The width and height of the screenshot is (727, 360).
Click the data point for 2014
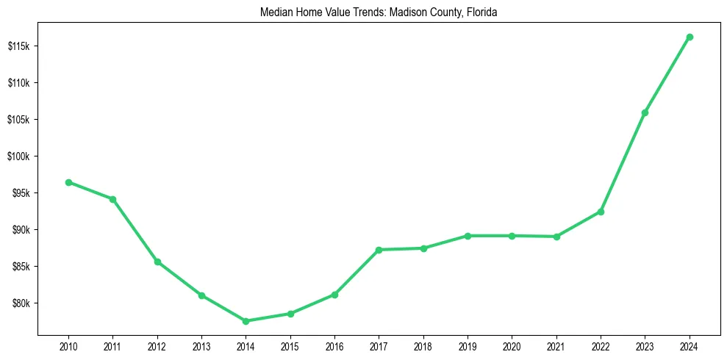pyautogui.click(x=246, y=321)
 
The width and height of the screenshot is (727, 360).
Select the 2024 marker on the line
pyautogui.click(x=690, y=37)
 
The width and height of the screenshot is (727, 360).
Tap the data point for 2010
pyautogui.click(x=68, y=182)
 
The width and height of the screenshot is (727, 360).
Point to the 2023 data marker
pyautogui.click(x=645, y=112)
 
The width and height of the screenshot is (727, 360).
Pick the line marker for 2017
pyautogui.click(x=379, y=250)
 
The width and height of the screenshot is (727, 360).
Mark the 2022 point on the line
pyautogui.click(x=601, y=212)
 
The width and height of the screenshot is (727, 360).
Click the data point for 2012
pyautogui.click(x=157, y=262)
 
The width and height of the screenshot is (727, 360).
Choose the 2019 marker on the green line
pyautogui.click(x=468, y=236)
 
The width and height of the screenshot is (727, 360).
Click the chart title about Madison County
pyautogui.click(x=379, y=12)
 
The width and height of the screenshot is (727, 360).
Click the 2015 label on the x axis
pyautogui.click(x=290, y=345)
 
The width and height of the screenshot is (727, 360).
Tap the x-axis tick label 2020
pyautogui.click(x=512, y=345)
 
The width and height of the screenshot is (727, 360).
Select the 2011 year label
pyautogui.click(x=112, y=345)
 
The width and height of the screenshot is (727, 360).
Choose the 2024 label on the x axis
pyautogui.click(x=690, y=345)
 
